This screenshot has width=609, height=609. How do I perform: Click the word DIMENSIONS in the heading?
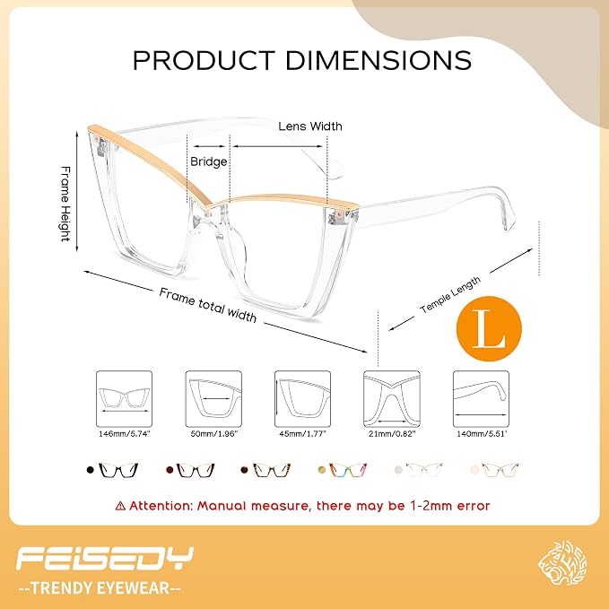378,60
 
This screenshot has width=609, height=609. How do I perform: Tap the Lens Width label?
310,126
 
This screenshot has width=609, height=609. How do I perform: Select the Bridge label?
209,161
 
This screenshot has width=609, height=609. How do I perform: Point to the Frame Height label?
66,204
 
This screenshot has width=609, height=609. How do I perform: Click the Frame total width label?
208,305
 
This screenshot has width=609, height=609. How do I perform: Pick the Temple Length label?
450,294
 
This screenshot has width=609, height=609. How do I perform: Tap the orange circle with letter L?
489,329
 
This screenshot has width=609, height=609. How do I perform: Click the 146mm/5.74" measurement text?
125,433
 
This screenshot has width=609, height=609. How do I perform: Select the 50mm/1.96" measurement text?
213,433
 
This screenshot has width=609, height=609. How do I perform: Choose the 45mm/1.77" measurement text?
302,433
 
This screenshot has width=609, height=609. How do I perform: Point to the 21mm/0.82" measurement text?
392,433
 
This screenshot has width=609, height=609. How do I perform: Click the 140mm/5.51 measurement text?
482,433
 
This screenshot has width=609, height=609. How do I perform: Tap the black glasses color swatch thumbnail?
118,470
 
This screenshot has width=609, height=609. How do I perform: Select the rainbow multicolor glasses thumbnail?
348,470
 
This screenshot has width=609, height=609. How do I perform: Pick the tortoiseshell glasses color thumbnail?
272,470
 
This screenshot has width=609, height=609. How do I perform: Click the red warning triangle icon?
120,506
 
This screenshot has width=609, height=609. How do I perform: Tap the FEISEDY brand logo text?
105,558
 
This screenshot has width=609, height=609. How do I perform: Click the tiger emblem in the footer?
562,563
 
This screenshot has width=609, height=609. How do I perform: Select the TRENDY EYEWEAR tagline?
100,588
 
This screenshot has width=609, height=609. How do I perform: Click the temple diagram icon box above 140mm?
482,399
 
